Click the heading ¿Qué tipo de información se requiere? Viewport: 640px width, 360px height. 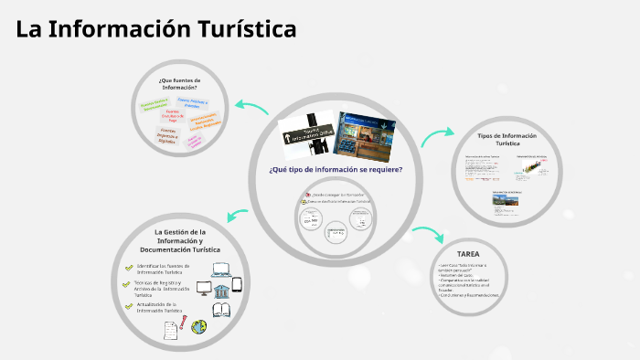(x=336, y=169)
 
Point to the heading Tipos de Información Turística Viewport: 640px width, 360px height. (x=507, y=139)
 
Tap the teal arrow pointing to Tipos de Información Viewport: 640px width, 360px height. (x=437, y=135)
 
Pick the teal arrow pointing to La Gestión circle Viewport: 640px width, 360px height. (x=238, y=216)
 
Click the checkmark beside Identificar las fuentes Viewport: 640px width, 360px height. (x=129, y=268)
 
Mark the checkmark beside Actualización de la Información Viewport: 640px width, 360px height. (x=129, y=306)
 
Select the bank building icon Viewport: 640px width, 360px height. (x=220, y=290)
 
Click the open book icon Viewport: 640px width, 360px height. (x=222, y=310)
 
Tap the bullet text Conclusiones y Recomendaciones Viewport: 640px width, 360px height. (x=470, y=295)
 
